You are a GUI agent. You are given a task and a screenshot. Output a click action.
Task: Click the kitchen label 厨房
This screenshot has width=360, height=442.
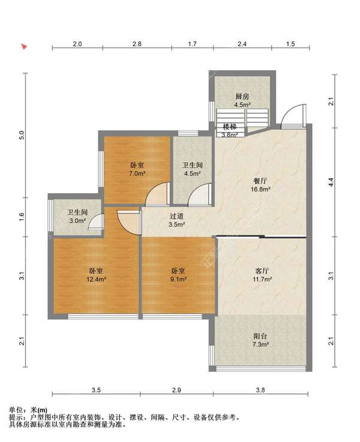click(242, 97)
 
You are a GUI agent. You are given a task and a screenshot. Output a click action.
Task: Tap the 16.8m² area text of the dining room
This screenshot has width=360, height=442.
click(260, 189)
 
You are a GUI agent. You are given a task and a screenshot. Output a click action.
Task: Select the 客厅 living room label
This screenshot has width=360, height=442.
click(262, 271)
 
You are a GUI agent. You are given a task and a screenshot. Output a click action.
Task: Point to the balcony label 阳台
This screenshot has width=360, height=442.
click(260, 336)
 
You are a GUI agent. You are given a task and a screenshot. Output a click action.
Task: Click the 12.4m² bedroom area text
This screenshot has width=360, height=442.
click(96, 279)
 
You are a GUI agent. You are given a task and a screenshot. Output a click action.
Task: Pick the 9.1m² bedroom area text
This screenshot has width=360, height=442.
click(178, 279)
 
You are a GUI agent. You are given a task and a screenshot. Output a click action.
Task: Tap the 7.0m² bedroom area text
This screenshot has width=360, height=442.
click(137, 174)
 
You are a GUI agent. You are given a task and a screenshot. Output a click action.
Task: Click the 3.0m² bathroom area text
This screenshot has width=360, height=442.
click(77, 221)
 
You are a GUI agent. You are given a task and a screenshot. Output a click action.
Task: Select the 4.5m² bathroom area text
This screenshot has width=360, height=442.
click(193, 174)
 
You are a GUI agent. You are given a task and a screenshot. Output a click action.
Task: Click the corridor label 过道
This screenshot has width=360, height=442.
click(177, 216)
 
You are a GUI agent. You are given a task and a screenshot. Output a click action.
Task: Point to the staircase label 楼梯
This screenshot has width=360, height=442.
click(229, 127)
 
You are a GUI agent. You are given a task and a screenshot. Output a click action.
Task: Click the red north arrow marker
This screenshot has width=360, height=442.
click(25, 47)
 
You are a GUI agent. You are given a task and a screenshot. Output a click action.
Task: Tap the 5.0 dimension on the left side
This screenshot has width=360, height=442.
click(22, 135)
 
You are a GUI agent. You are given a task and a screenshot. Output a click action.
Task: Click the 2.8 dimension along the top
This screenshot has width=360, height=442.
click(137, 44)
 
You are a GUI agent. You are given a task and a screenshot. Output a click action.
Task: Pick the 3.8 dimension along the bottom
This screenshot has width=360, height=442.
click(260, 390)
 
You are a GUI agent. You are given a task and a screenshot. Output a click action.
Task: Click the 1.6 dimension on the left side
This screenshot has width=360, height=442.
click(22, 216)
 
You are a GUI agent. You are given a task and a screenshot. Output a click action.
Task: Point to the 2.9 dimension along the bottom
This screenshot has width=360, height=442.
click(176, 390)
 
